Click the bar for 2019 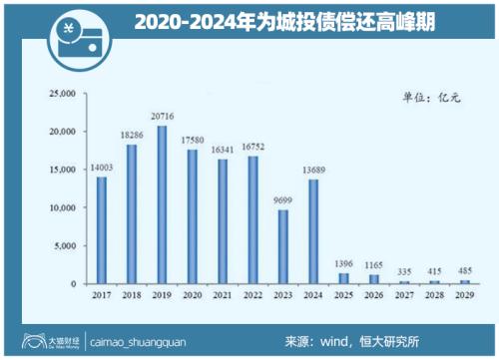click(162, 204)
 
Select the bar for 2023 click(283, 246)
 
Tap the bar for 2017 click(101, 230)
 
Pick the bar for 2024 click(313, 231)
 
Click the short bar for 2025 click(344, 278)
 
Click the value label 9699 click(283, 201)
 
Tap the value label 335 click(405, 270)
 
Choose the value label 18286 click(132, 137)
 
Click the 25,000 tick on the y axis click(63, 94)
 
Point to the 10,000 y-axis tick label click(63, 208)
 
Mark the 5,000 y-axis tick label click(66, 246)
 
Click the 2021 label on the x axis click(223, 295)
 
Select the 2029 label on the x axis click(466, 295)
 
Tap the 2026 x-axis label click(374, 295)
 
